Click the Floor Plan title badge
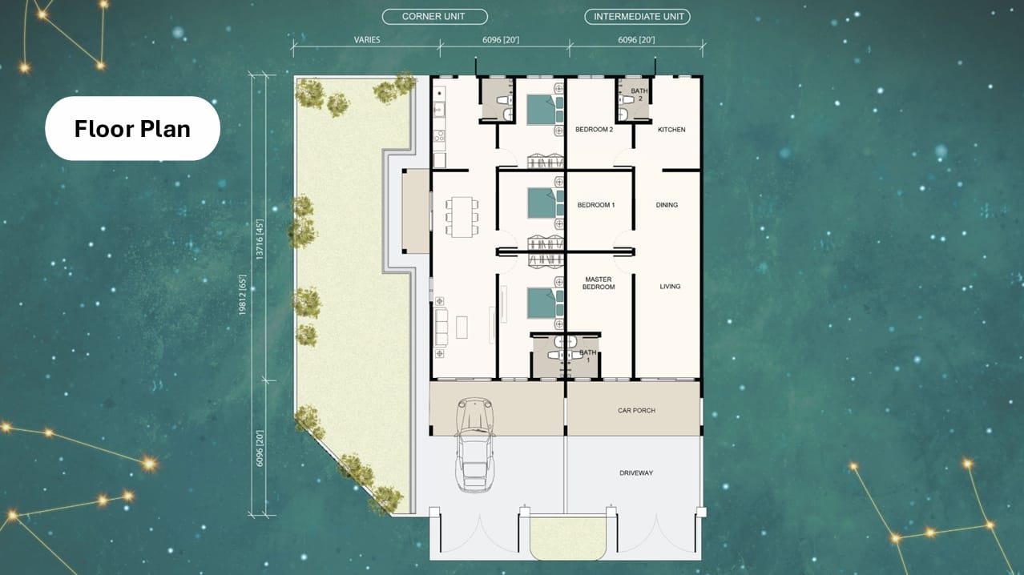(x=132, y=128)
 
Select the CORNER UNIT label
(x=434, y=17)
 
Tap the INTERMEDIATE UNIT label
(x=638, y=17)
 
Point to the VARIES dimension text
(x=367, y=40)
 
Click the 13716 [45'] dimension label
(x=259, y=239)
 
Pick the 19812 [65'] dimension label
(x=242, y=295)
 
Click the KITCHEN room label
(x=671, y=130)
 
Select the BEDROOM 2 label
(x=595, y=130)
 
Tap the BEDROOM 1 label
(x=596, y=205)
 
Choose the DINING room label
(x=667, y=205)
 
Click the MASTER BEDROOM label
(x=599, y=283)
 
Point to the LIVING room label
(x=670, y=287)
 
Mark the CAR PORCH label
(x=636, y=411)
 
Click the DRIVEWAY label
(x=636, y=473)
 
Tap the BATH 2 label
(x=639, y=94)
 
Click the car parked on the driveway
(x=475, y=444)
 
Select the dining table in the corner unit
(x=462, y=217)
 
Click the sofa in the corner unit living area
(x=441, y=327)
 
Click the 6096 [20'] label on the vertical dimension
(x=259, y=448)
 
